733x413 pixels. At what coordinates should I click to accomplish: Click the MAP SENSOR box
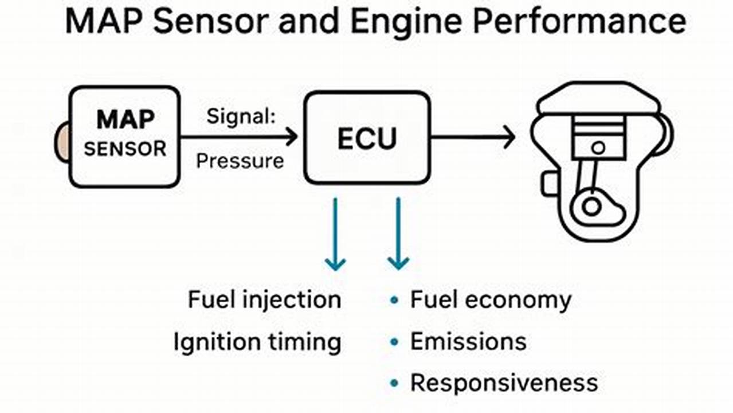(x=124, y=137)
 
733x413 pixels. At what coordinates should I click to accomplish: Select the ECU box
(x=367, y=138)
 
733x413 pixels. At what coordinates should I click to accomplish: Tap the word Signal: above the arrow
(x=241, y=117)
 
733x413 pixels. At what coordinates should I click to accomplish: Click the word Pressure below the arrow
(x=240, y=161)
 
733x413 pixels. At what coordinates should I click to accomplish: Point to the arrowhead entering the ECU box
(x=291, y=137)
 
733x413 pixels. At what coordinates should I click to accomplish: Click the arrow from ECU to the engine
(x=473, y=138)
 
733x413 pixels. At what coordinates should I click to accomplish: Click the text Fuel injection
(x=264, y=300)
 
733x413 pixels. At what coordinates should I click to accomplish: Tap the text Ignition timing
(x=257, y=342)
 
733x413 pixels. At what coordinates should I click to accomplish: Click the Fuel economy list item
(x=491, y=300)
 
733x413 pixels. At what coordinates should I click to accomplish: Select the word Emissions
(x=468, y=342)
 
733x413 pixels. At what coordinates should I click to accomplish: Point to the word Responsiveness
(x=504, y=383)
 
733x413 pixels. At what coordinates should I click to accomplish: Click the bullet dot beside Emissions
(x=394, y=342)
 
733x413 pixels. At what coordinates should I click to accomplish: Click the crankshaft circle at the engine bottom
(x=591, y=206)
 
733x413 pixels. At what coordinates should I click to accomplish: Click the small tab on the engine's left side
(x=548, y=183)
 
